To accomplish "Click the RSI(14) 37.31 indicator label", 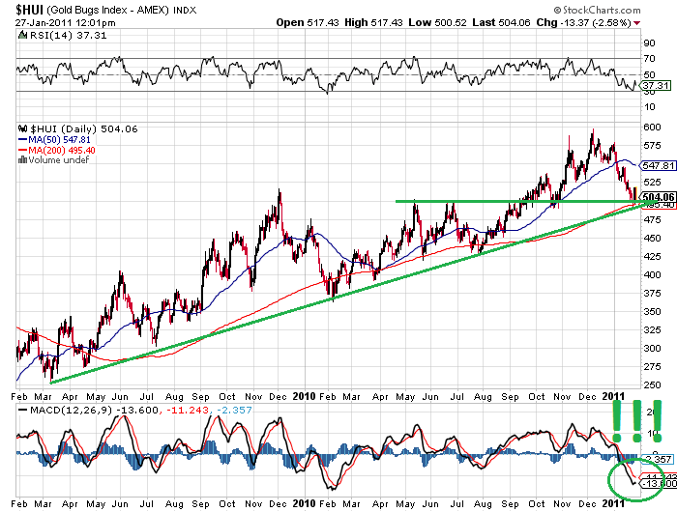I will (x=43, y=36).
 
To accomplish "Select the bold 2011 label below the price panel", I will (x=612, y=395).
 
